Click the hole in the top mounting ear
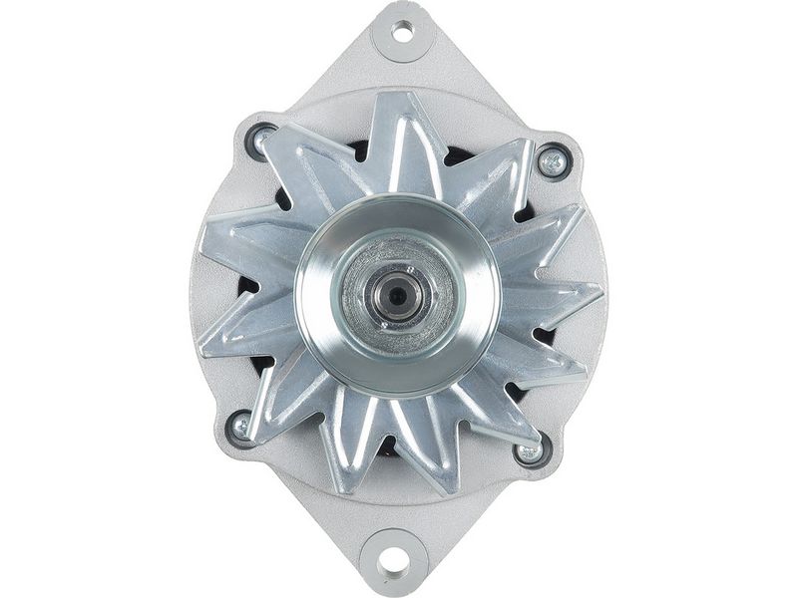402,31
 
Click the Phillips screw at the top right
552,161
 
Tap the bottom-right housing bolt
531,451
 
